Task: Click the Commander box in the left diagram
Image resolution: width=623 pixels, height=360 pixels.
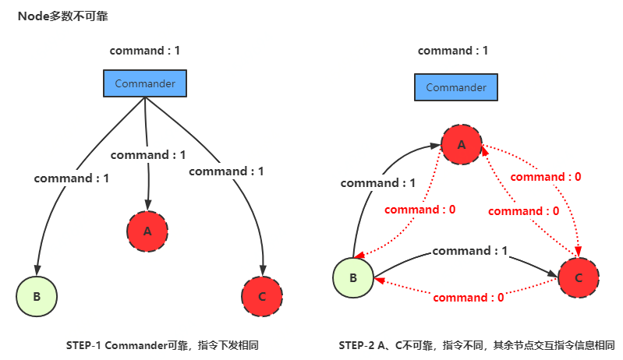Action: (x=145, y=83)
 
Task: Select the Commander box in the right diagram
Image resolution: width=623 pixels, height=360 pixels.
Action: (x=456, y=87)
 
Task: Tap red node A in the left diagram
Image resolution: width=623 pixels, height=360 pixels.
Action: (x=147, y=231)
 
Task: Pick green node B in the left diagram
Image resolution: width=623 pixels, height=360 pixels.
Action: (x=37, y=296)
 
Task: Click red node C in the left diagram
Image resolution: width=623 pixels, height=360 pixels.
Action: (x=262, y=296)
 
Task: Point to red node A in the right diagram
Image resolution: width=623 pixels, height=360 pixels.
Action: (x=462, y=144)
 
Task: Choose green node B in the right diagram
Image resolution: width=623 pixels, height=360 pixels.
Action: (x=353, y=278)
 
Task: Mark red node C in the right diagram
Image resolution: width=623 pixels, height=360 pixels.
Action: (x=578, y=278)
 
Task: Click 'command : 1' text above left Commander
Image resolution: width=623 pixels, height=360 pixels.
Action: (x=145, y=51)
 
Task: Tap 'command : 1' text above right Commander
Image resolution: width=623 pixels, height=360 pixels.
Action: (x=453, y=51)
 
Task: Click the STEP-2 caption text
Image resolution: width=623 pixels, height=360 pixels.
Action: (x=476, y=345)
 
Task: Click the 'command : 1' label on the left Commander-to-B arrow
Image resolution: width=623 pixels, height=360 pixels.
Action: (x=72, y=178)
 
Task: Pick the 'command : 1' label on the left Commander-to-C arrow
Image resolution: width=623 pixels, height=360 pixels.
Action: (x=226, y=171)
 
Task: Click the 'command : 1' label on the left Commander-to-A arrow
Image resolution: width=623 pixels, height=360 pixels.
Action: (x=148, y=155)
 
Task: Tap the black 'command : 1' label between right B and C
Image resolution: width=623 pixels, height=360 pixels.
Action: (x=469, y=251)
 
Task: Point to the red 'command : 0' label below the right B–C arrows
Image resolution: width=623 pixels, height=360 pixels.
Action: (x=468, y=297)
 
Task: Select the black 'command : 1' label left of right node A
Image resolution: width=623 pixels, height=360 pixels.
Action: (x=377, y=183)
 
